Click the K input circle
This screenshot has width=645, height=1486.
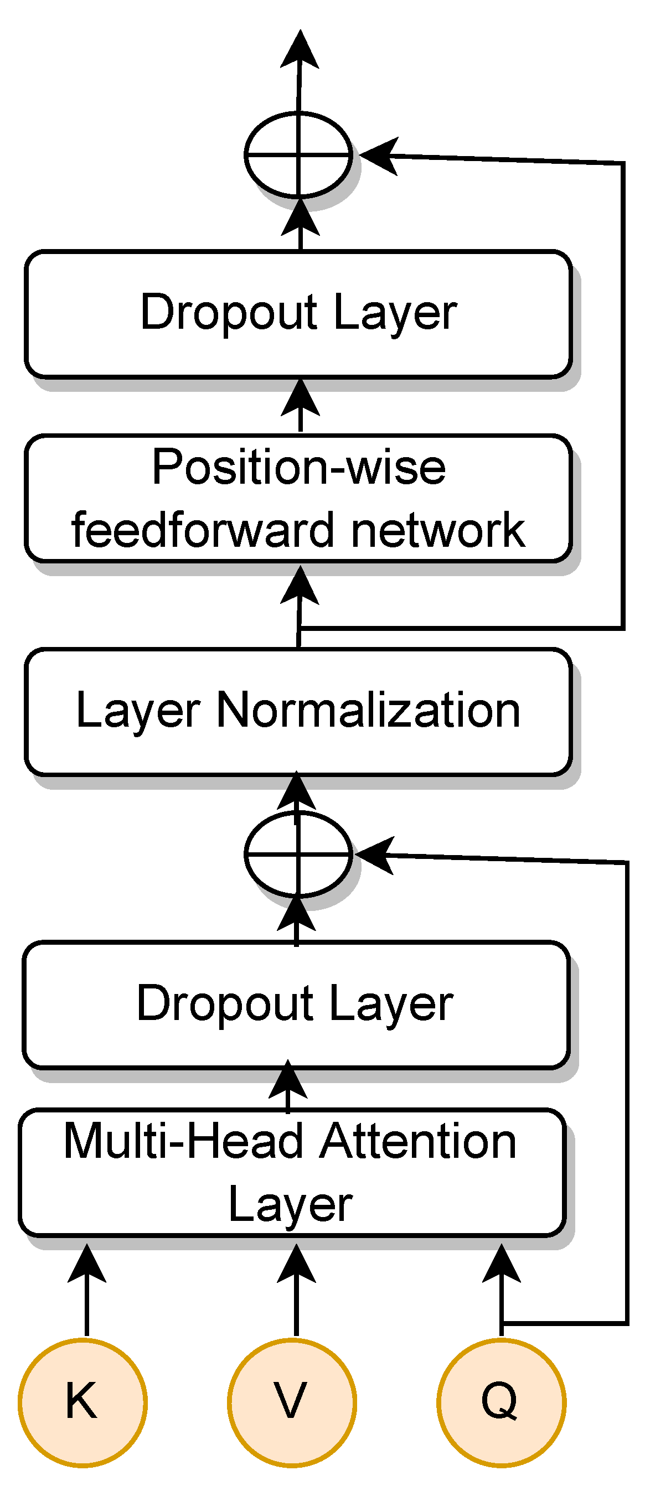tap(82, 1402)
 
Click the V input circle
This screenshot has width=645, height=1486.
tap(292, 1402)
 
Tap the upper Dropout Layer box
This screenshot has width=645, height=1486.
tap(298, 314)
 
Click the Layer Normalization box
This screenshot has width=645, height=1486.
tap(298, 711)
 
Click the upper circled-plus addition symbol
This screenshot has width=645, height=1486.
tap(298, 154)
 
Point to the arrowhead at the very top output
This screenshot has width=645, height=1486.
tap(300, 49)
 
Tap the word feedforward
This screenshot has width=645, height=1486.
tap(203, 530)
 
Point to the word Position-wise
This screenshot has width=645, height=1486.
tap(298, 467)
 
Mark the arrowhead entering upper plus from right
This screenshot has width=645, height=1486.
tap(378, 156)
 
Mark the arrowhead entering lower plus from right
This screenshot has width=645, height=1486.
tap(374, 855)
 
